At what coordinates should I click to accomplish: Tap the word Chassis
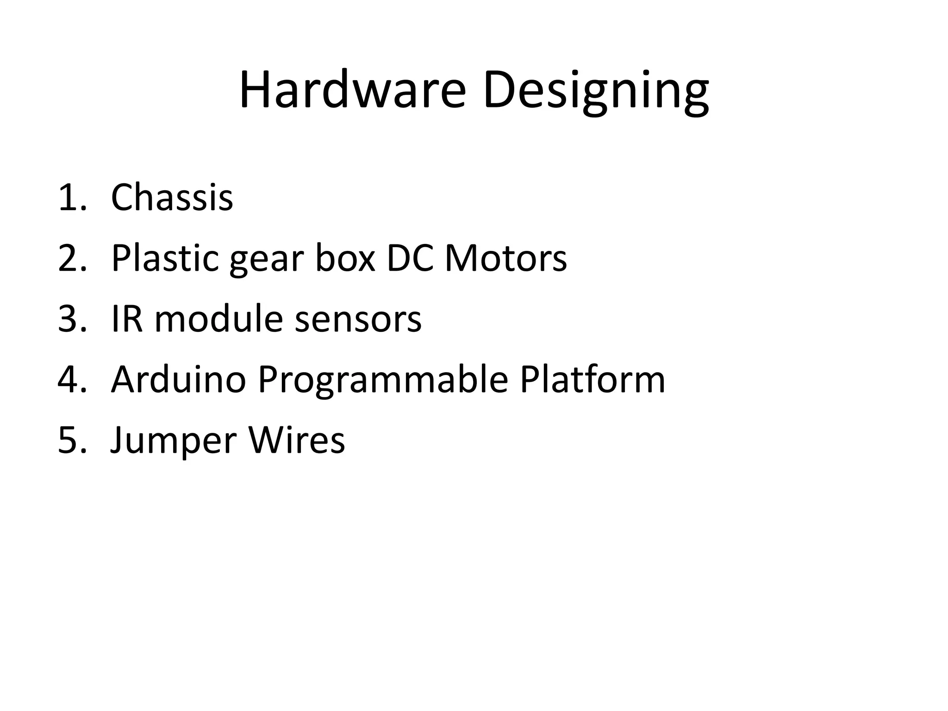(x=172, y=198)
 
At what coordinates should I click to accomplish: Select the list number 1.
(x=72, y=198)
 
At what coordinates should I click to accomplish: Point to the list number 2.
(x=72, y=258)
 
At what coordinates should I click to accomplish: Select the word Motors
(x=505, y=258)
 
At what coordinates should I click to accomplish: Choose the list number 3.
(x=72, y=319)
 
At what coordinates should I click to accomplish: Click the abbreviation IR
(x=126, y=319)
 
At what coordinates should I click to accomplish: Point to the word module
(x=218, y=319)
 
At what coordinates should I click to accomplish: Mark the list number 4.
(x=72, y=380)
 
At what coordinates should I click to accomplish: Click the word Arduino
(x=178, y=380)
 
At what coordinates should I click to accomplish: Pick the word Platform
(x=592, y=380)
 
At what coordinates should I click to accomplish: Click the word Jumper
(x=173, y=441)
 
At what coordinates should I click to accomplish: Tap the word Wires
(x=297, y=440)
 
